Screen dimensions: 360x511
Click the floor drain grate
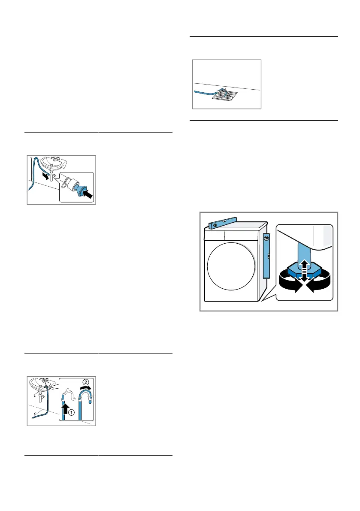click(224, 95)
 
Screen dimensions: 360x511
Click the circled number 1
click(71, 413)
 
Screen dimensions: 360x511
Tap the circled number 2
click(85, 382)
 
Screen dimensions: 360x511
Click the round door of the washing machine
click(231, 266)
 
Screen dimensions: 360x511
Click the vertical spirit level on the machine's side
click(266, 256)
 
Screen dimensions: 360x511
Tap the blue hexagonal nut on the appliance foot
click(304, 270)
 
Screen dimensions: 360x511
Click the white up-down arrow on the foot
click(304, 270)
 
